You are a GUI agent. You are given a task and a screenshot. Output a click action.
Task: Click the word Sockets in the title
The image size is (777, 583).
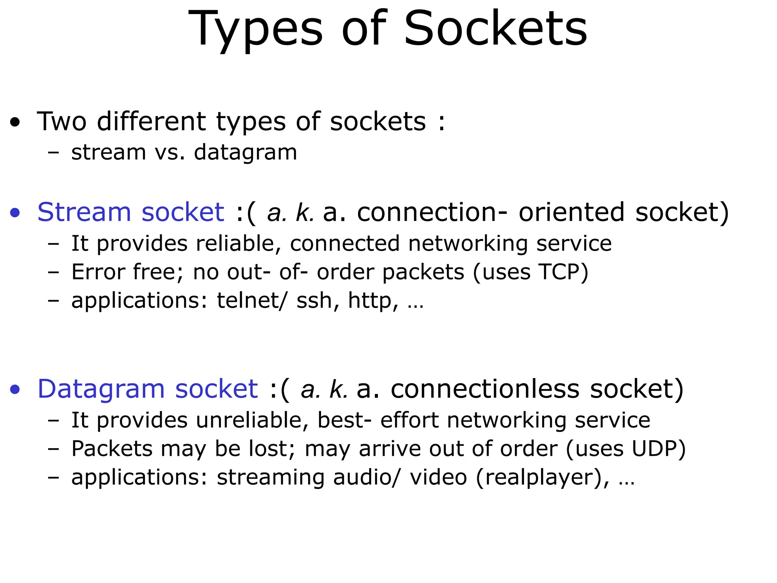pos(495,29)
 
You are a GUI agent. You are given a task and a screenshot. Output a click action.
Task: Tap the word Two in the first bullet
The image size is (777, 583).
pos(62,121)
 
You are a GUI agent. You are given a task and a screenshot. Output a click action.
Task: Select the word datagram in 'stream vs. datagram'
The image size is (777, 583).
pos(245,153)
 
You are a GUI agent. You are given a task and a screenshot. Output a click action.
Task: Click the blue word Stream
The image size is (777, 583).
pos(84,212)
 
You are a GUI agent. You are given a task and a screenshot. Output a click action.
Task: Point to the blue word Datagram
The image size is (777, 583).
pos(101,389)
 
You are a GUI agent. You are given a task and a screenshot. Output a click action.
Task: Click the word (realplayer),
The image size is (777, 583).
pos(542,477)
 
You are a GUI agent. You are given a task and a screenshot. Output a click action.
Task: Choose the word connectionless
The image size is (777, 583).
pos(485,389)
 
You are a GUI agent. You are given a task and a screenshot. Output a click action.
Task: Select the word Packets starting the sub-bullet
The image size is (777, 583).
pos(112,449)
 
